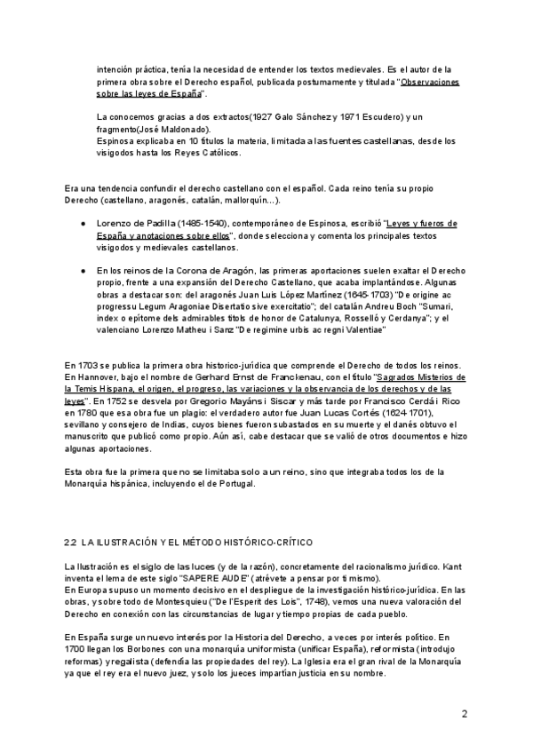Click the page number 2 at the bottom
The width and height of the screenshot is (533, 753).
tap(465, 714)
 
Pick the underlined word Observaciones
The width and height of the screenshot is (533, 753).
tap(431, 82)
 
